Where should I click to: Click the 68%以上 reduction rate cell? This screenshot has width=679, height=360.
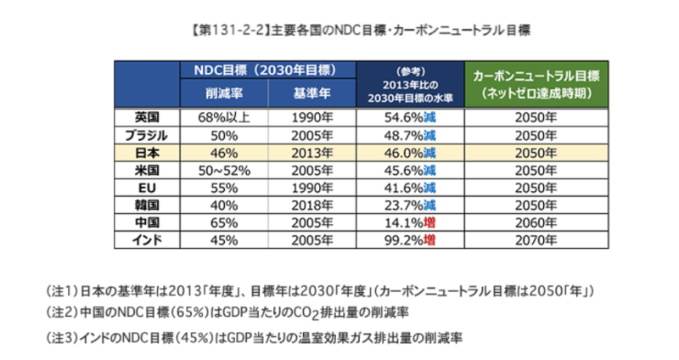(x=224, y=118)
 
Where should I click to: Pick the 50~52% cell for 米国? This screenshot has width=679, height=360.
(x=224, y=171)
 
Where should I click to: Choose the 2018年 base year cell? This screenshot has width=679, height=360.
(x=311, y=205)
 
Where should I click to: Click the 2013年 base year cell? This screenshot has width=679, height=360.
(x=311, y=153)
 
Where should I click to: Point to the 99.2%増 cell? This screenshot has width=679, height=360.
(x=411, y=240)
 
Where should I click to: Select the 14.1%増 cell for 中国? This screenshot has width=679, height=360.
(x=411, y=223)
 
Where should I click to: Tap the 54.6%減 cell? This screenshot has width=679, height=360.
(x=411, y=118)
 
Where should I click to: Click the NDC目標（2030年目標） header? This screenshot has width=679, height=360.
(x=268, y=70)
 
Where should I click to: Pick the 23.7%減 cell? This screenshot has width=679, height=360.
(x=411, y=205)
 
